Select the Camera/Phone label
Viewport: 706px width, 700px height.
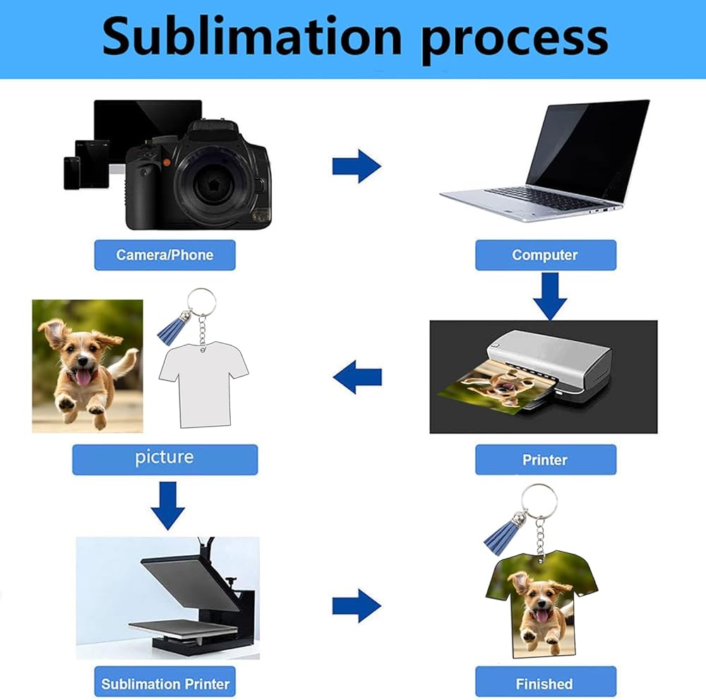[164, 255]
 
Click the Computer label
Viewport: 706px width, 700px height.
[545, 255]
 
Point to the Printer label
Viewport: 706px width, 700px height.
[545, 460]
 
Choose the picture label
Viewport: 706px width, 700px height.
[164, 458]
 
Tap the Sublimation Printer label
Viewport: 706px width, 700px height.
[164, 684]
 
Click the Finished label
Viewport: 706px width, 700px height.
[545, 684]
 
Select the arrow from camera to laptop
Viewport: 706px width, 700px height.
[357, 167]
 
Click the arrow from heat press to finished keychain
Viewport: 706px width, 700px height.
[357, 606]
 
